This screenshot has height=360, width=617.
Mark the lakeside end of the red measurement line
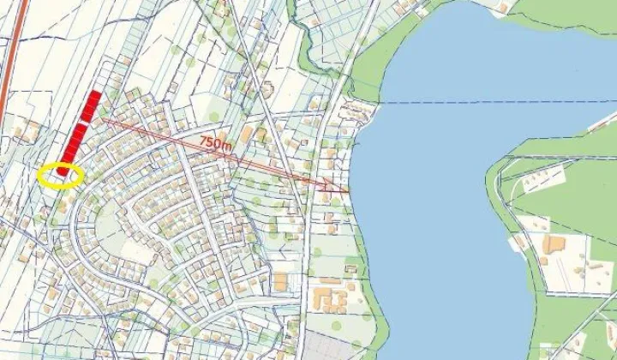pos(348,190)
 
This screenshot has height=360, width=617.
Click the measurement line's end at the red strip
pos(101,120)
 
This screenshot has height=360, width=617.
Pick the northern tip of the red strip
pos(96,93)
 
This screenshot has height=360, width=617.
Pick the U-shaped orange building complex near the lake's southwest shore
pos(330,299)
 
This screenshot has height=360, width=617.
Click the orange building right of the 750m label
pos(248,135)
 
